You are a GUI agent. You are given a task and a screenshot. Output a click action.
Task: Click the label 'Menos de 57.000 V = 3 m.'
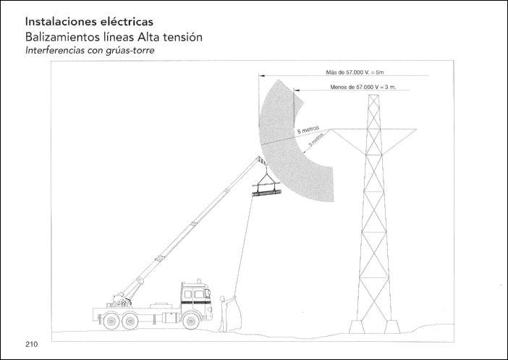click(368, 86)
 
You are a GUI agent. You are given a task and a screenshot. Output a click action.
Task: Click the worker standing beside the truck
click(230, 310)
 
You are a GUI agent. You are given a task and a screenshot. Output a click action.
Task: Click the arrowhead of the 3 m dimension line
click(296, 90)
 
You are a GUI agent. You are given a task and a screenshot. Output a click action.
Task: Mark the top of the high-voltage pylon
click(373, 96)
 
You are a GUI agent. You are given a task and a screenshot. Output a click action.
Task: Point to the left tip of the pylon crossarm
click(330, 130)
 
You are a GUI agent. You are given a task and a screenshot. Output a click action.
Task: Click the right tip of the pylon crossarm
click(416, 130)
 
